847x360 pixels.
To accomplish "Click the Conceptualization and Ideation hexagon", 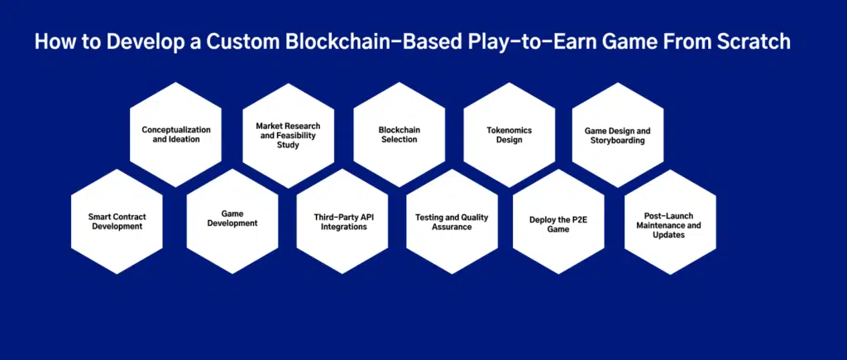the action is coord(175,135).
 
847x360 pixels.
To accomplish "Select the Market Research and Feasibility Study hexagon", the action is coord(289,135).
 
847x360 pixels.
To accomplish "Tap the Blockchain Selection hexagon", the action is coord(400,135).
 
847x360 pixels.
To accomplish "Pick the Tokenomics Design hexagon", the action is coord(510,135).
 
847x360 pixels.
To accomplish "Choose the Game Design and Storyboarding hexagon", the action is coord(618,135).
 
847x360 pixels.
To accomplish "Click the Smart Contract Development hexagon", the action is coord(117,221).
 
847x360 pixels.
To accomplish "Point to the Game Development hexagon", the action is coord(232,221).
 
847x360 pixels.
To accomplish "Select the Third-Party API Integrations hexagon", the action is coord(342,221).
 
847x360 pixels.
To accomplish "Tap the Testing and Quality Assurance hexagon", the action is coord(452,221).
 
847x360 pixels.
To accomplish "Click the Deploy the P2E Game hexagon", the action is coord(558,221).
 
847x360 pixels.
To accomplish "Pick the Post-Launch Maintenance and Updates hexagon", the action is coord(670,222).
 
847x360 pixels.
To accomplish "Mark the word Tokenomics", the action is coord(510,130).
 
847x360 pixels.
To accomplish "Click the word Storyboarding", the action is coord(618,141).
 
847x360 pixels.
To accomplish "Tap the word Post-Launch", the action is coord(668,216).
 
